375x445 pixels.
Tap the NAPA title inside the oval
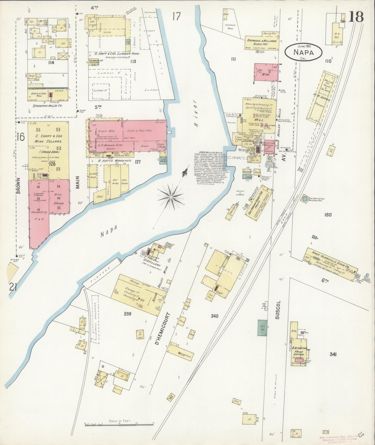coord(303,52)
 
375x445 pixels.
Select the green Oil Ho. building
coord(262,328)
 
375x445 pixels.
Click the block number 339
coord(127,314)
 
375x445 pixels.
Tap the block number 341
coord(333,354)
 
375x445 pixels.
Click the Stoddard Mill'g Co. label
coord(49,106)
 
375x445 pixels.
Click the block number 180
coord(328,215)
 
